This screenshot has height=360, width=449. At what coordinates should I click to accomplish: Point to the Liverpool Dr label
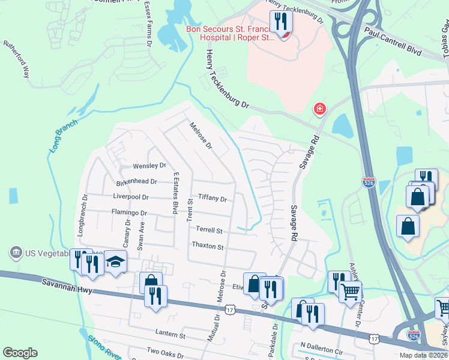(x=131, y=196)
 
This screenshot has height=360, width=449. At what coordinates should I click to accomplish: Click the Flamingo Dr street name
(x=129, y=212)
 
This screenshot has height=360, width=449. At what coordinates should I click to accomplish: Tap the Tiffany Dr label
(x=212, y=198)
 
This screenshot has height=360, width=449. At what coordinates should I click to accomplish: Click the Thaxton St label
(x=207, y=246)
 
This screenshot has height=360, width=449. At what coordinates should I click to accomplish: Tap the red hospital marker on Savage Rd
(x=320, y=109)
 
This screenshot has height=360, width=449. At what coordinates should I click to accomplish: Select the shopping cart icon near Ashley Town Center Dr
(x=350, y=292)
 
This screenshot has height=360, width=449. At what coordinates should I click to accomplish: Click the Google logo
(x=20, y=353)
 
